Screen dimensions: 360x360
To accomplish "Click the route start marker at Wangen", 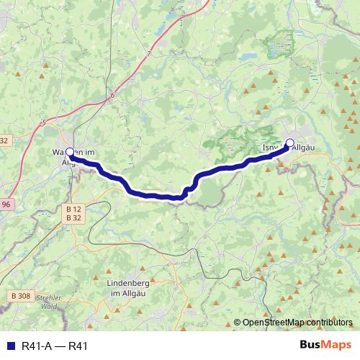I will pos(70,152).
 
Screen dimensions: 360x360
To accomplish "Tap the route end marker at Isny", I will pos(290,143).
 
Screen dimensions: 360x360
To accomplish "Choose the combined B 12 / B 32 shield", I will pos(73,212).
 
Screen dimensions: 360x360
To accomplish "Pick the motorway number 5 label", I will pos(43,123).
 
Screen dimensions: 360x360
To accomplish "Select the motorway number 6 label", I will pos(113,94).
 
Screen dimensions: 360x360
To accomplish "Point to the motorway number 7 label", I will pos(149,54).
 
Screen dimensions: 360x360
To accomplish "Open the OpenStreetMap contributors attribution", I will pos(294,323).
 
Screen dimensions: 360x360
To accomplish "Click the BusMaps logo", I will pos(325,344).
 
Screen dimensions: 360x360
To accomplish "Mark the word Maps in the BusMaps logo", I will pos(338,344).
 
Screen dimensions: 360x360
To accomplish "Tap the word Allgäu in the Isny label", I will pos(305,148).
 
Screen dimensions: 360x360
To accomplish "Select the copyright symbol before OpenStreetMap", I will pos(238,323).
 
